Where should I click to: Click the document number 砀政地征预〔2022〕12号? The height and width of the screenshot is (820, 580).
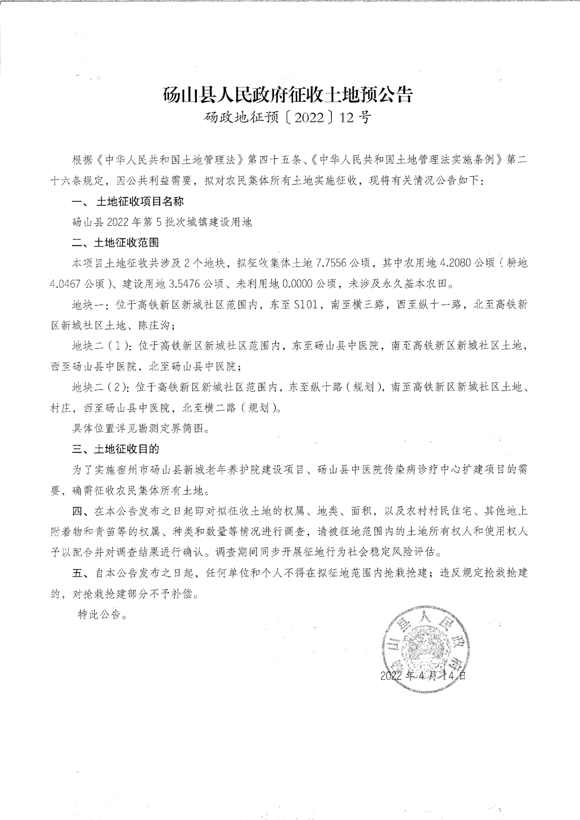tap(287, 118)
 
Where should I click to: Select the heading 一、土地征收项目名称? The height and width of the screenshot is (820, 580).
tap(128, 201)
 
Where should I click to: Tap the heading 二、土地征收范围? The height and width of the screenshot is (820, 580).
tap(115, 242)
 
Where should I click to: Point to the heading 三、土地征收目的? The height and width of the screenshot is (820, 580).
tap(115, 448)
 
